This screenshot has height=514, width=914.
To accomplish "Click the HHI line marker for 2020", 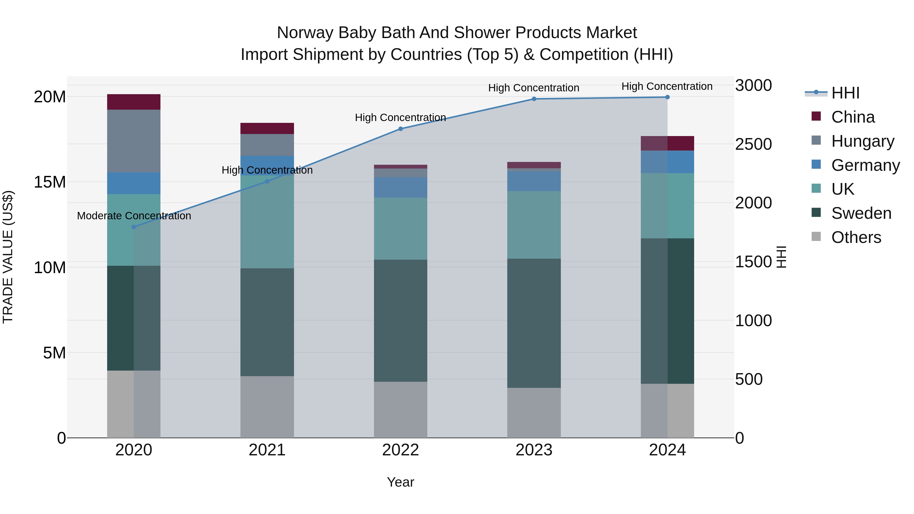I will tap(134, 227).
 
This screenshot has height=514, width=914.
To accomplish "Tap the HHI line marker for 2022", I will tap(401, 129).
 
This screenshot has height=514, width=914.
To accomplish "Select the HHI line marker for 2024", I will tap(667, 97).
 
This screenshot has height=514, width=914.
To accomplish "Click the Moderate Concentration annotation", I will tap(134, 216).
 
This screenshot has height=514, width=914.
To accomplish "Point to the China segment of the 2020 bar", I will tap(134, 102).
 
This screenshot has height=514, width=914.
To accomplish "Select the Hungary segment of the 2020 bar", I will tap(134, 141).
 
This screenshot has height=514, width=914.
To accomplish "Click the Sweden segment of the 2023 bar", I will tap(534, 323).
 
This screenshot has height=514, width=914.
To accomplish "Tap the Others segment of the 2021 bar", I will tap(267, 407).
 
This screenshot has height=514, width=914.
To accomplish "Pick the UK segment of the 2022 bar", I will tap(401, 228).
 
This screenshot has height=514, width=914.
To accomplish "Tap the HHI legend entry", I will tap(845, 93).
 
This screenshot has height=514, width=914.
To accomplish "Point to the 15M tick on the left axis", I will tap(50, 182).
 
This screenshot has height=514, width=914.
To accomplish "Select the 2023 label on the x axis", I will tap(534, 450).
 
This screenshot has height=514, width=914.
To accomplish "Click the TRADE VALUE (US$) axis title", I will tap(8, 257).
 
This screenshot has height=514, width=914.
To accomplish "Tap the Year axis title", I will tap(401, 482).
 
